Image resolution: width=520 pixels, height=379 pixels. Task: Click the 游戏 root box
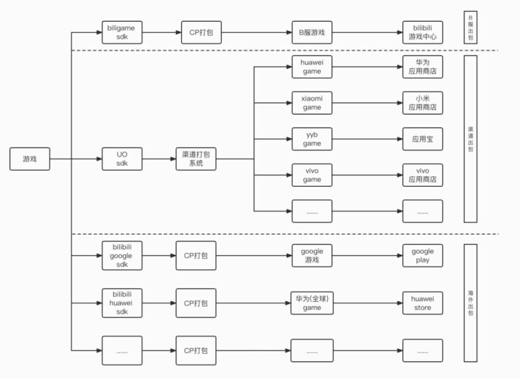point(30,159)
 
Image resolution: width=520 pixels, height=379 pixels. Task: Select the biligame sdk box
point(122,32)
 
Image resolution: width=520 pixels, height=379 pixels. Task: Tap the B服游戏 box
point(312,32)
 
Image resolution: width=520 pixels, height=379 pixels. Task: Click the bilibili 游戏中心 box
point(422,32)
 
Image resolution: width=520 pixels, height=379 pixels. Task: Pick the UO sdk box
point(122,159)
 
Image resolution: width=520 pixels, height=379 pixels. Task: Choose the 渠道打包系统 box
point(196,159)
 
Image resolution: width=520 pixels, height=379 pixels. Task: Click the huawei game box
point(312,67)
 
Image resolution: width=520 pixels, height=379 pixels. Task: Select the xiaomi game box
point(312,103)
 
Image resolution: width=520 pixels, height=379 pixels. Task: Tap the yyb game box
point(312,139)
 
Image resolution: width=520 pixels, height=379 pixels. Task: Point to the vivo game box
point(312,175)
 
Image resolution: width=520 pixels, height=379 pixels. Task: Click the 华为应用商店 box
point(422,67)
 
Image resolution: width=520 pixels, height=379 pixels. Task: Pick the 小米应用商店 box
point(422,103)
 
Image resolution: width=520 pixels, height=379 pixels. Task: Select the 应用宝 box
point(422,139)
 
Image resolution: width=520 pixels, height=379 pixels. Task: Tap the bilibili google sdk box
point(122,256)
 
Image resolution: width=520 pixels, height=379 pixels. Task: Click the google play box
point(422,256)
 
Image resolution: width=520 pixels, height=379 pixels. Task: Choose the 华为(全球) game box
point(312,303)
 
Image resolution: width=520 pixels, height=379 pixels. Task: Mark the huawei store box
point(422,303)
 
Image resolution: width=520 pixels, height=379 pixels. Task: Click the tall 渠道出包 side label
point(470,139)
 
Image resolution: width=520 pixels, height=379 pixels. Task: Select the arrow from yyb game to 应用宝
point(367,139)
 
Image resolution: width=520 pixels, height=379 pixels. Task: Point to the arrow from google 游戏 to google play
point(367,256)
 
